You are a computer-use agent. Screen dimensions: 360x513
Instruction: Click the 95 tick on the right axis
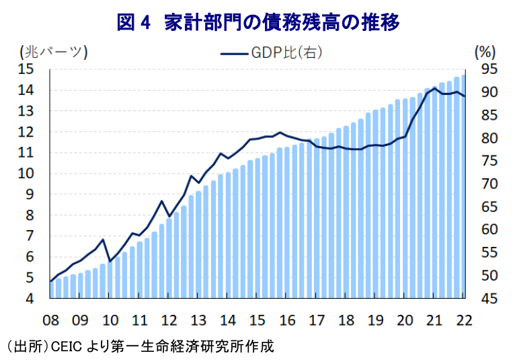pos(488,69)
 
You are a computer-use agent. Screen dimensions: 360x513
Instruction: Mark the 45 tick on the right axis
pos(488,299)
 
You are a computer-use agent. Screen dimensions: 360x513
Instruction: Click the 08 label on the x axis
pos(50,319)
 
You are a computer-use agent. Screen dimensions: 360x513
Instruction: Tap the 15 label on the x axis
pos(258,319)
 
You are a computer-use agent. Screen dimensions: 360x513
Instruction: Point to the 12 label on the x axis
pos(169,319)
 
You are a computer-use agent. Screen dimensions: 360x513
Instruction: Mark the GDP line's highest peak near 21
pos(435,88)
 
